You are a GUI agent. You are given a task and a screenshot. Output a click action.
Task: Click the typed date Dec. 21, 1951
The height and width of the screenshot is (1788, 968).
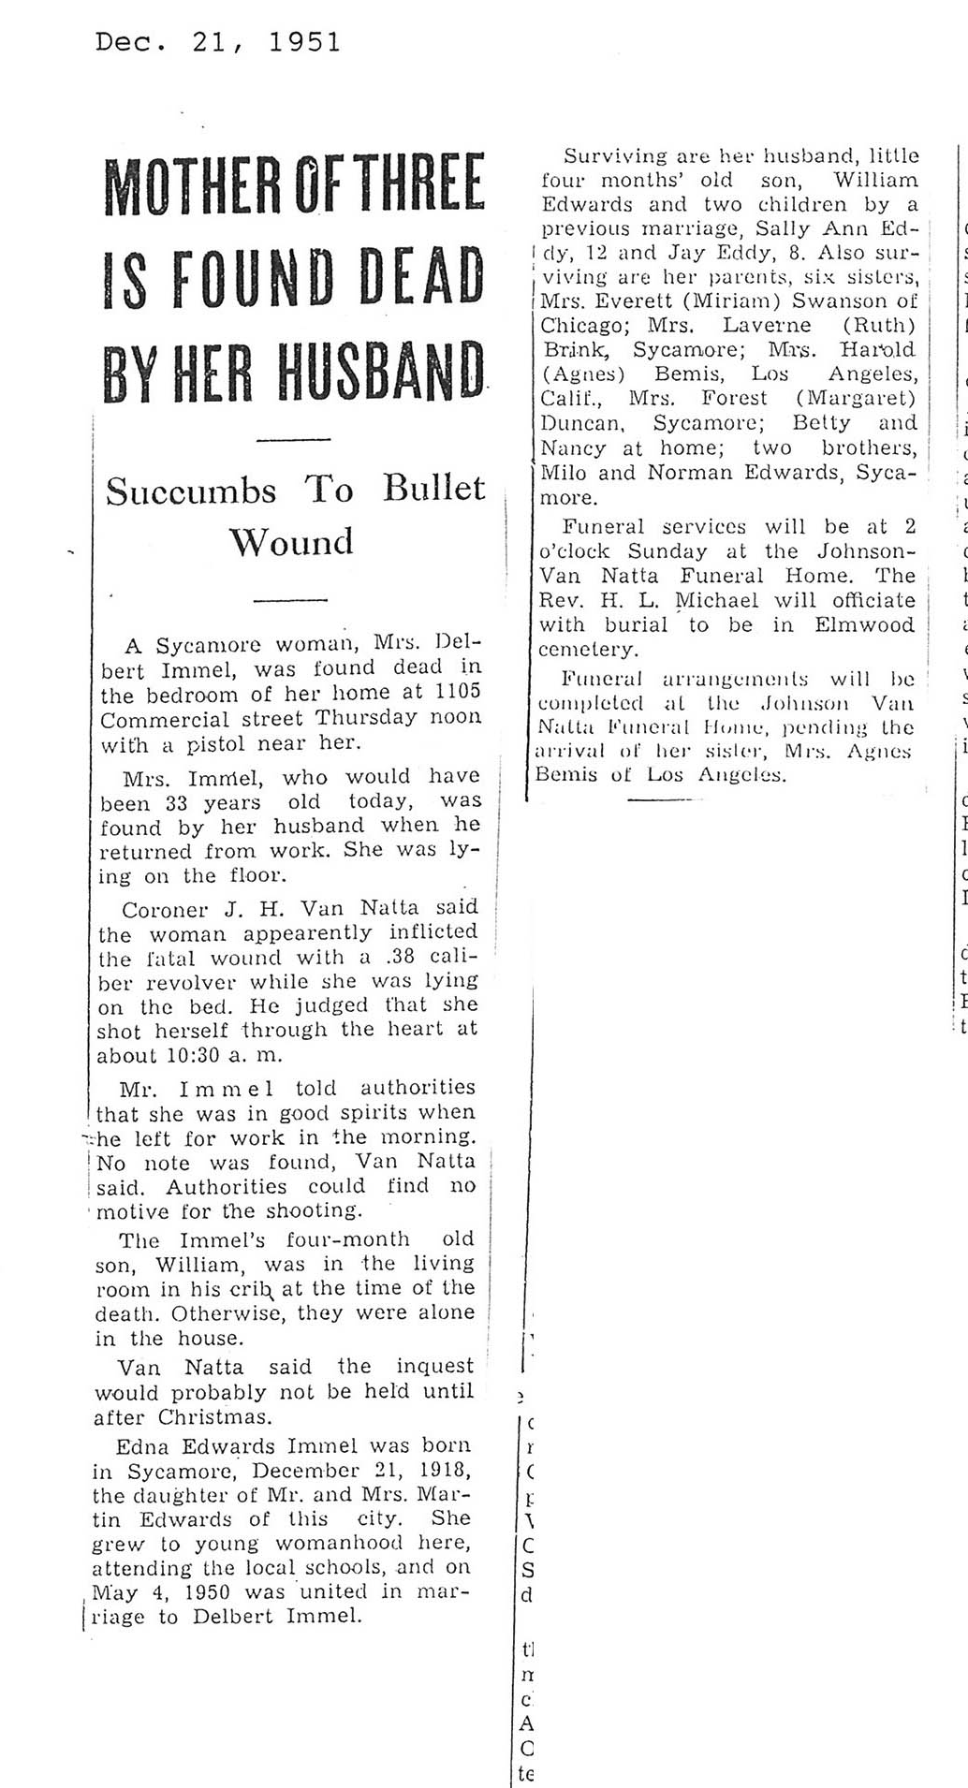tap(217, 42)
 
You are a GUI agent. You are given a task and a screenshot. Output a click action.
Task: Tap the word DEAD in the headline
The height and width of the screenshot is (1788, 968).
tap(424, 277)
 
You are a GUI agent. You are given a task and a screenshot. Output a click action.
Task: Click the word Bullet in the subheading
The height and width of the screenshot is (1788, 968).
tap(433, 489)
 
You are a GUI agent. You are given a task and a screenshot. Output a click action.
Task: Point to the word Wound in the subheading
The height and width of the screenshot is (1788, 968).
tap(292, 541)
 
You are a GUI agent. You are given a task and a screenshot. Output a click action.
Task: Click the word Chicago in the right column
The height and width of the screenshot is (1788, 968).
tap(579, 326)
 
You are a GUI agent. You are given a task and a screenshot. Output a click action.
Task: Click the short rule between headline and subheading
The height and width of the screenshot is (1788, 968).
tap(292, 440)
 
